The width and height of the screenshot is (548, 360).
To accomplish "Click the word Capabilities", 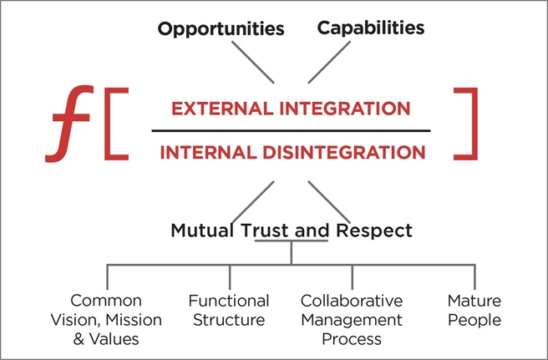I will click(371, 28).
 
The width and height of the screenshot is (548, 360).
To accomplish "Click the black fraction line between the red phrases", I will click(291, 131).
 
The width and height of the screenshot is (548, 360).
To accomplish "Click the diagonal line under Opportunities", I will click(254, 62).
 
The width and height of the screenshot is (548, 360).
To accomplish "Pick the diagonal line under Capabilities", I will click(329, 62).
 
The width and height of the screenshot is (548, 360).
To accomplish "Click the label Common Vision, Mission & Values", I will click(106, 320).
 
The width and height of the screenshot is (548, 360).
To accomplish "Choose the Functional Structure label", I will click(229, 310).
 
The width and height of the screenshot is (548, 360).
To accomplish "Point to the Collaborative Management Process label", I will click(351, 320).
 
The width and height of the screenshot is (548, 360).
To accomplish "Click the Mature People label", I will click(474, 310).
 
